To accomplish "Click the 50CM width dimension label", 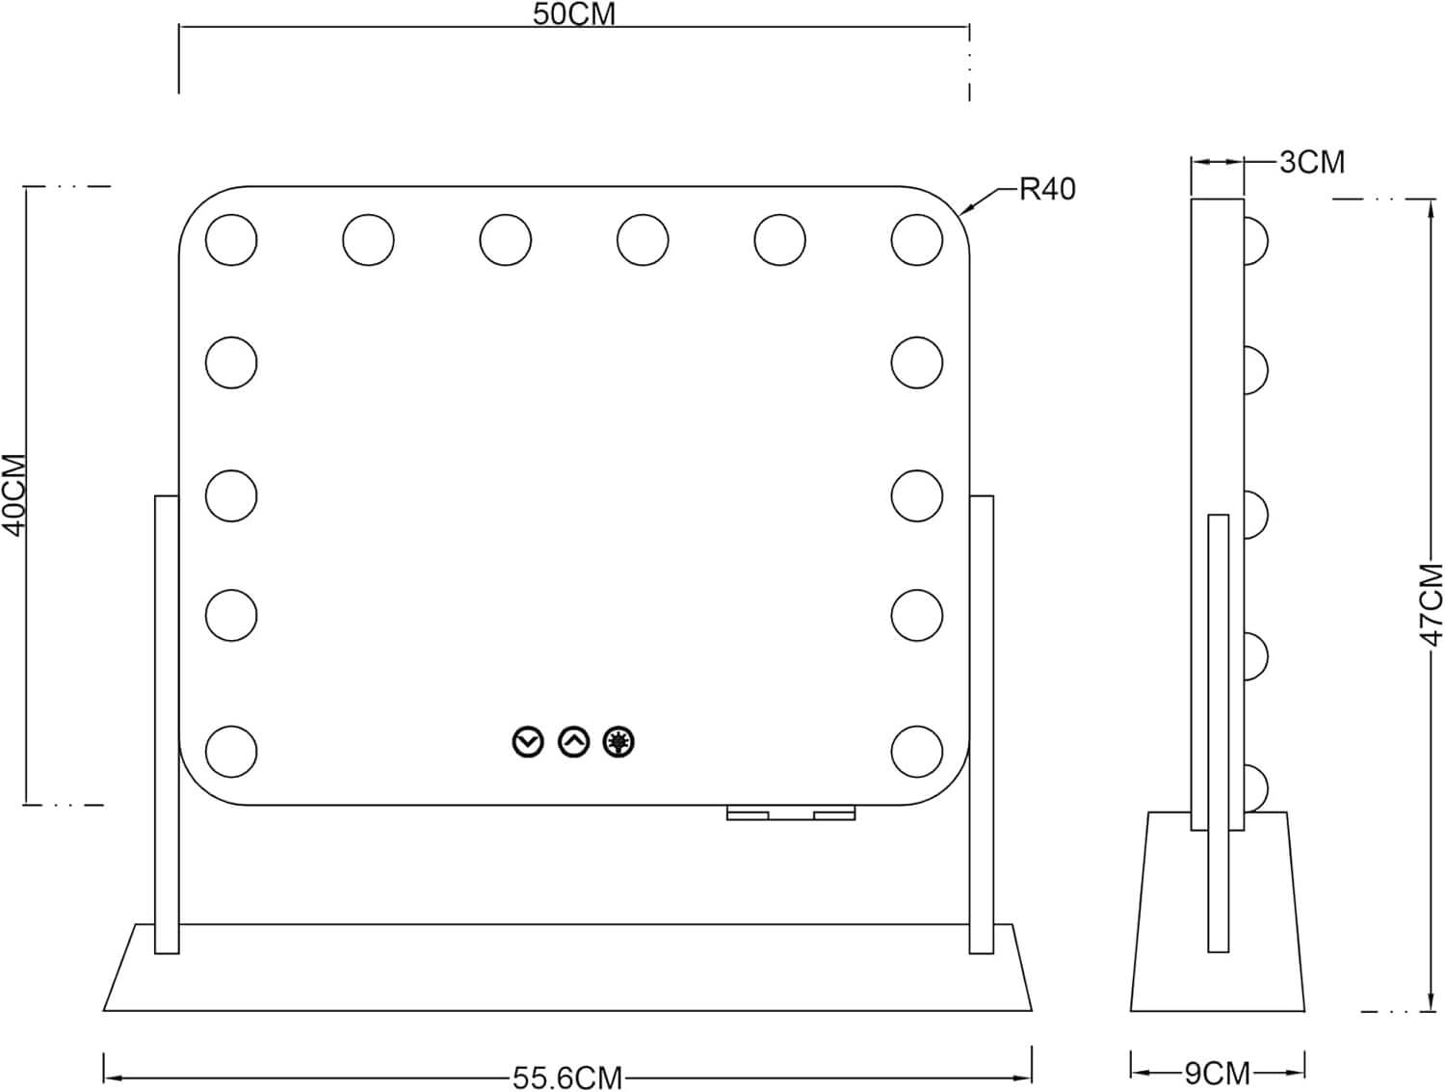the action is pyautogui.click(x=574, y=14).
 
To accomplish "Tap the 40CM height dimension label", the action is pyautogui.click(x=14, y=494).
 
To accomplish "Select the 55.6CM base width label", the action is pyautogui.click(x=566, y=1079).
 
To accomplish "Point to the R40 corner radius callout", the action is pyautogui.click(x=1047, y=189).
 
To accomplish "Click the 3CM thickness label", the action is pyautogui.click(x=1312, y=162).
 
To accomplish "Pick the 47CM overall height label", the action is pyautogui.click(x=1431, y=604).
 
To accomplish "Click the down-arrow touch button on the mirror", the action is pyautogui.click(x=528, y=742).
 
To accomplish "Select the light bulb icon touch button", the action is pyautogui.click(x=618, y=742).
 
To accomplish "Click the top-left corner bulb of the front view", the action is pyautogui.click(x=231, y=240).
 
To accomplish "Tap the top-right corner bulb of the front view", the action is pyautogui.click(x=917, y=240).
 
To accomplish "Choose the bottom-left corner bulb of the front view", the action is pyautogui.click(x=231, y=752).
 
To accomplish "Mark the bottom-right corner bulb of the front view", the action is pyautogui.click(x=917, y=752).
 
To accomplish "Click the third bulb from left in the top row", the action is pyautogui.click(x=506, y=240).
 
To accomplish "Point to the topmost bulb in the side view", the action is pyautogui.click(x=1255, y=240).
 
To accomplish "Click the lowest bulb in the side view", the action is pyautogui.click(x=1255, y=787).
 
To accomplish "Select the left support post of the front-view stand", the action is pyautogui.click(x=167, y=725).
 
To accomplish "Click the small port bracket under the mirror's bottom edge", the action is pyautogui.click(x=791, y=812).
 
